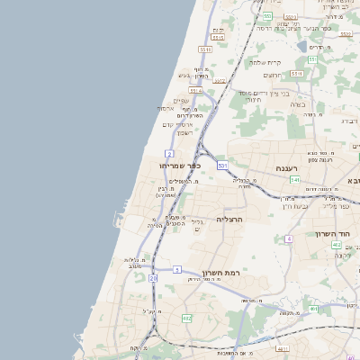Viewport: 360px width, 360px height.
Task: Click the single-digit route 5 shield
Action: (x=177, y=269)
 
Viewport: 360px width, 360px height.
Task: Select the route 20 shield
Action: (x=153, y=279)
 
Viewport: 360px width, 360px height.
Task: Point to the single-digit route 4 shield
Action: (x=289, y=238)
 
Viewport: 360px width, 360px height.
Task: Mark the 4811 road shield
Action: (x=283, y=348)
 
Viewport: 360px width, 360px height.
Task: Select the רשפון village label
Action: (x=184, y=132)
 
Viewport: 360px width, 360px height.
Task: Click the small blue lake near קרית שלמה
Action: (x=301, y=45)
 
